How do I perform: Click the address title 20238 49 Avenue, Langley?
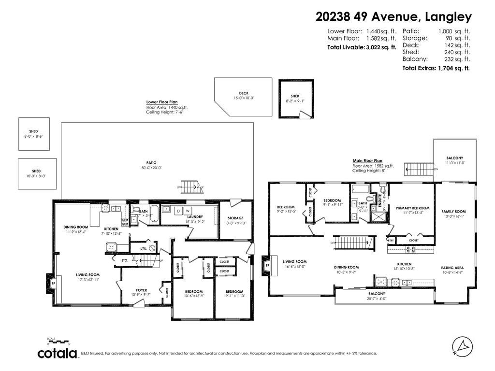pos(393,17)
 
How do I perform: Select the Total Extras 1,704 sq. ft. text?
pos(436,68)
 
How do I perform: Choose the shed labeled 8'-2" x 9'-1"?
pos(295,99)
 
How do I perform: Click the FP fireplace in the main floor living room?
pos(267,265)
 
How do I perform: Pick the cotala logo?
pos(58,354)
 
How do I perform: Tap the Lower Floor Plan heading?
pos(162,102)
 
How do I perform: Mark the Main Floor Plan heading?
pos(367,161)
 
